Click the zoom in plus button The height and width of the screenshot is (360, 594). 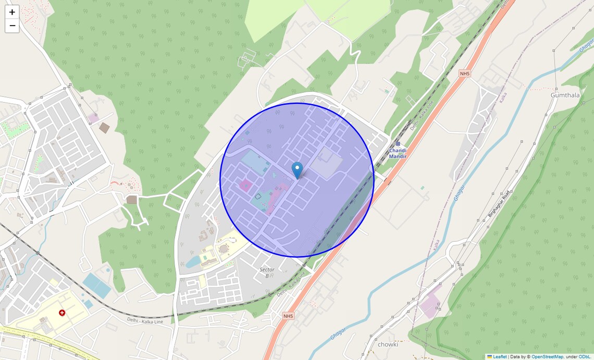12,12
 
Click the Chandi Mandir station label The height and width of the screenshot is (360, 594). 398,153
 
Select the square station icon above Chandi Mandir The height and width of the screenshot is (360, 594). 398,143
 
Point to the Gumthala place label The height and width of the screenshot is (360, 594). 565,95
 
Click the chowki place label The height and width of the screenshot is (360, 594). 388,344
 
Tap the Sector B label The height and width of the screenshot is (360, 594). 267,272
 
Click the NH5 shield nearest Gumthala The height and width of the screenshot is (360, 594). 464,74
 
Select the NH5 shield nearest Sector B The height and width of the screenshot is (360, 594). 288,316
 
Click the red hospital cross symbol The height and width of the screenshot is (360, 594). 62,313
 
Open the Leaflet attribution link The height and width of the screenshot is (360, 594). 500,357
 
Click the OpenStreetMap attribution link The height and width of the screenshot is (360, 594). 547,357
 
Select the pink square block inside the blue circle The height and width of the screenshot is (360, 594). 245,185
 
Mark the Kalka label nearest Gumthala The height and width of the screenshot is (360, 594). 503,97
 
